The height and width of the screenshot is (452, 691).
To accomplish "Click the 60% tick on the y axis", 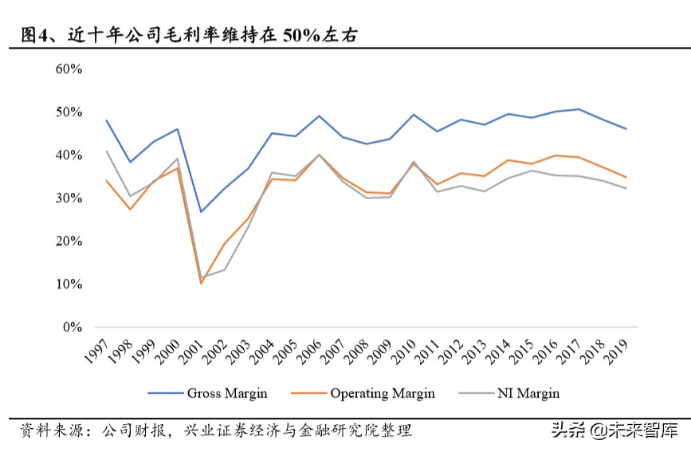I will [x=69, y=69].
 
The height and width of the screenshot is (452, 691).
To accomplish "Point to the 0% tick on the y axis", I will [x=72, y=327].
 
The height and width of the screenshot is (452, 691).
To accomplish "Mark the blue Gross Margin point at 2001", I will [x=201, y=212].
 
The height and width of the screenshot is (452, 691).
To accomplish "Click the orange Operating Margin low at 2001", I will [x=201, y=283].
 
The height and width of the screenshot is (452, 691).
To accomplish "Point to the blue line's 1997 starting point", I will [x=106, y=120].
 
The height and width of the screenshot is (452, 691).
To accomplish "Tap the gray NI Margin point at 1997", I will [x=106, y=151].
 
